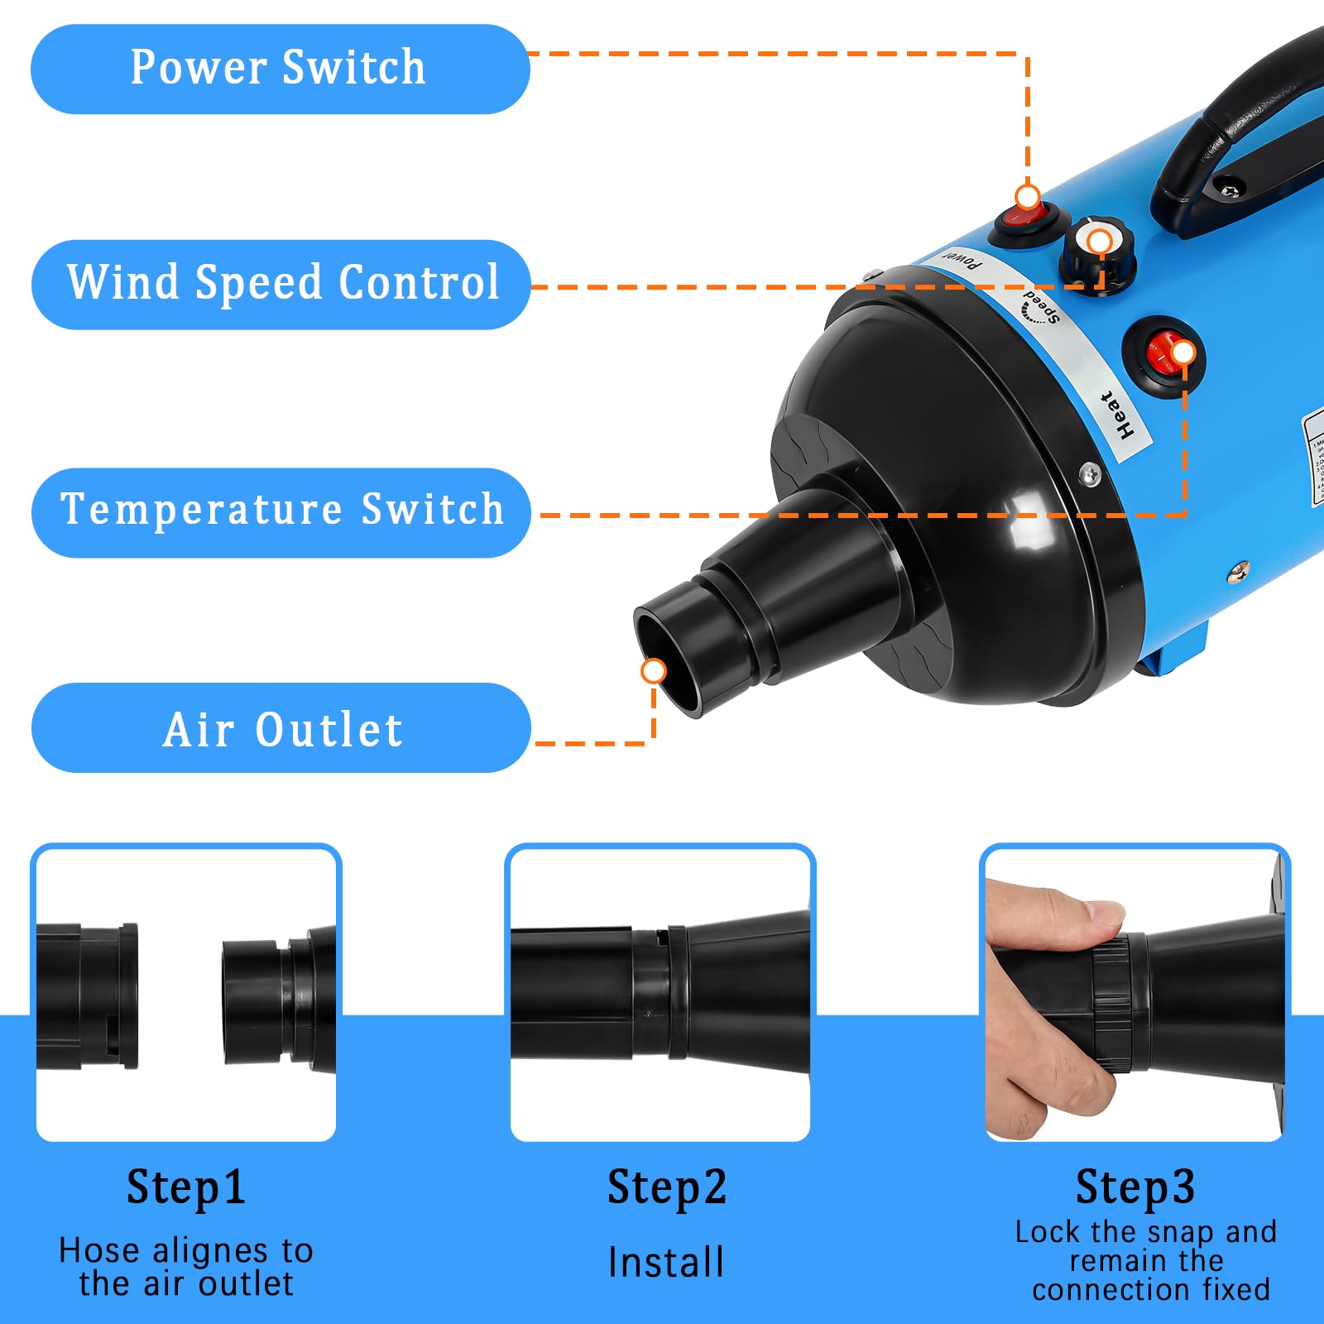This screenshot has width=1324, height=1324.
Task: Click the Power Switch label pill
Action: click(280, 69)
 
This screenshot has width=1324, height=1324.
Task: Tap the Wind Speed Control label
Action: click(281, 284)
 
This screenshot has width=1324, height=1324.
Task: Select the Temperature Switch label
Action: click(281, 511)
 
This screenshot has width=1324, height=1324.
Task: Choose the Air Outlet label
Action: click(281, 728)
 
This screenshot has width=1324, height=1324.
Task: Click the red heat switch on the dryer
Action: click(1163, 354)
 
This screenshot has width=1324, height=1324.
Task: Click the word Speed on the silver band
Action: click(1040, 307)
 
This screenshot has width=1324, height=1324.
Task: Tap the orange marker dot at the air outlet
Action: click(654, 670)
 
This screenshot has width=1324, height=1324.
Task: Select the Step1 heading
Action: click(186, 1187)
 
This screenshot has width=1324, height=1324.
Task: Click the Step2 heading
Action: click(667, 1187)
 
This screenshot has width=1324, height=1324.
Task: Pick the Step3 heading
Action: click(1135, 1187)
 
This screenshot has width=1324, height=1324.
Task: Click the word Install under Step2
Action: click(666, 1263)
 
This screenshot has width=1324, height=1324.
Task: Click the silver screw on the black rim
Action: click(1091, 475)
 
